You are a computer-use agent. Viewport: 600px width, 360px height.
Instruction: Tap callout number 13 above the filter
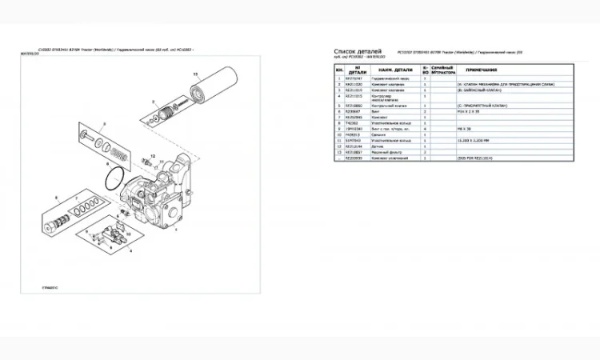193,73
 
